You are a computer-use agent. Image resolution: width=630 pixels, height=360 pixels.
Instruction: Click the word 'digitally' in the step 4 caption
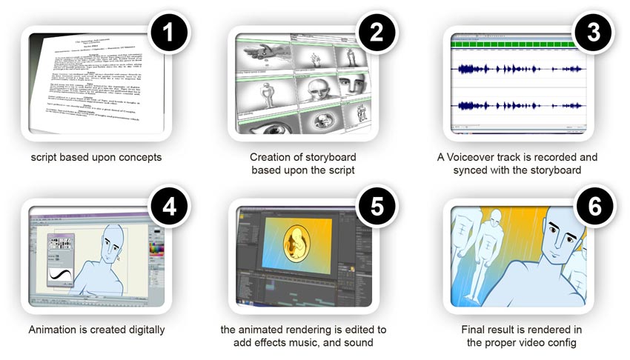click(144, 329)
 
